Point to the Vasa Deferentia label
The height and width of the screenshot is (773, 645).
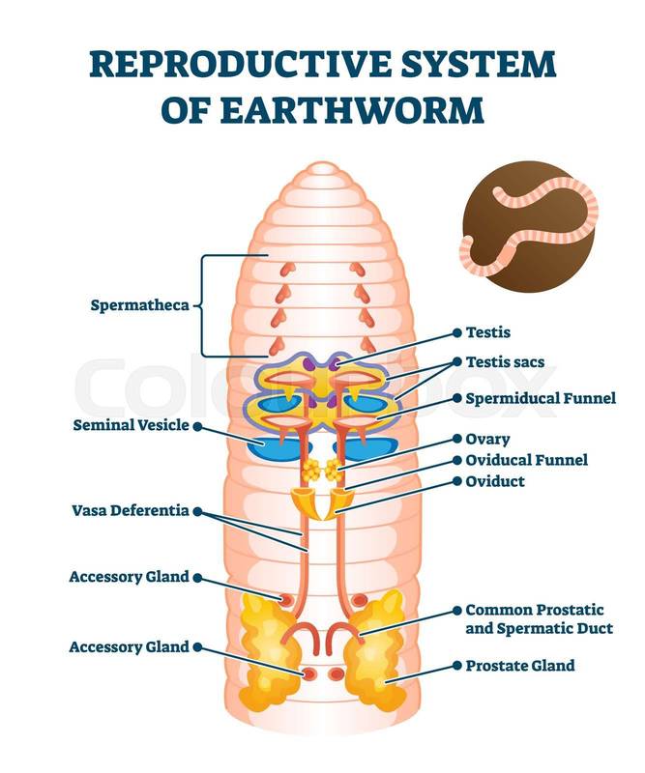pyautogui.click(x=130, y=510)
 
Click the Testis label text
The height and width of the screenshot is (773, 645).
pyautogui.click(x=487, y=332)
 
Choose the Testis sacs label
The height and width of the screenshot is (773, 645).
pyautogui.click(x=505, y=362)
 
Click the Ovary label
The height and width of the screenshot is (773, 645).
pyautogui.click(x=487, y=439)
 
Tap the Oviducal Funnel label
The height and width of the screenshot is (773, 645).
pyautogui.click(x=526, y=460)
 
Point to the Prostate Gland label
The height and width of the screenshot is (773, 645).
pyautogui.click(x=519, y=665)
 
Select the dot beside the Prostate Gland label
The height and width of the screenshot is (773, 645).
pyautogui.click(x=454, y=666)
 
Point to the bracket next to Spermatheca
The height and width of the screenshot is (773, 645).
pyautogui.click(x=203, y=305)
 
